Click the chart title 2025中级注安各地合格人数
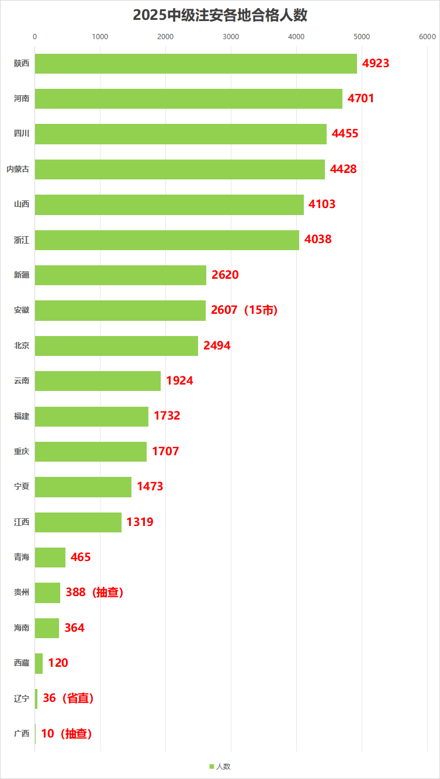(x=220, y=16)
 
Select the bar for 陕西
(x=196, y=64)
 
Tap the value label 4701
(x=361, y=98)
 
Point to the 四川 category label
(x=22, y=134)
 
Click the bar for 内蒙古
(x=179, y=169)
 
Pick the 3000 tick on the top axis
(x=231, y=37)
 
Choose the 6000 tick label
(x=427, y=37)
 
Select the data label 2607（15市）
(x=244, y=310)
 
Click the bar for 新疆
(x=120, y=275)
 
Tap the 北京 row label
(x=22, y=345)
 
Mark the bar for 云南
(x=98, y=381)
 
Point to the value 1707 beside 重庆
(x=165, y=451)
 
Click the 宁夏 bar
(x=83, y=487)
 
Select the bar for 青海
(x=50, y=558)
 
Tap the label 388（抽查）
(x=95, y=593)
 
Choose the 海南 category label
(x=22, y=628)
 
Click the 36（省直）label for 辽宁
(x=68, y=698)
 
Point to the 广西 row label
(x=22, y=733)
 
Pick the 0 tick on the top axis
(x=35, y=37)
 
